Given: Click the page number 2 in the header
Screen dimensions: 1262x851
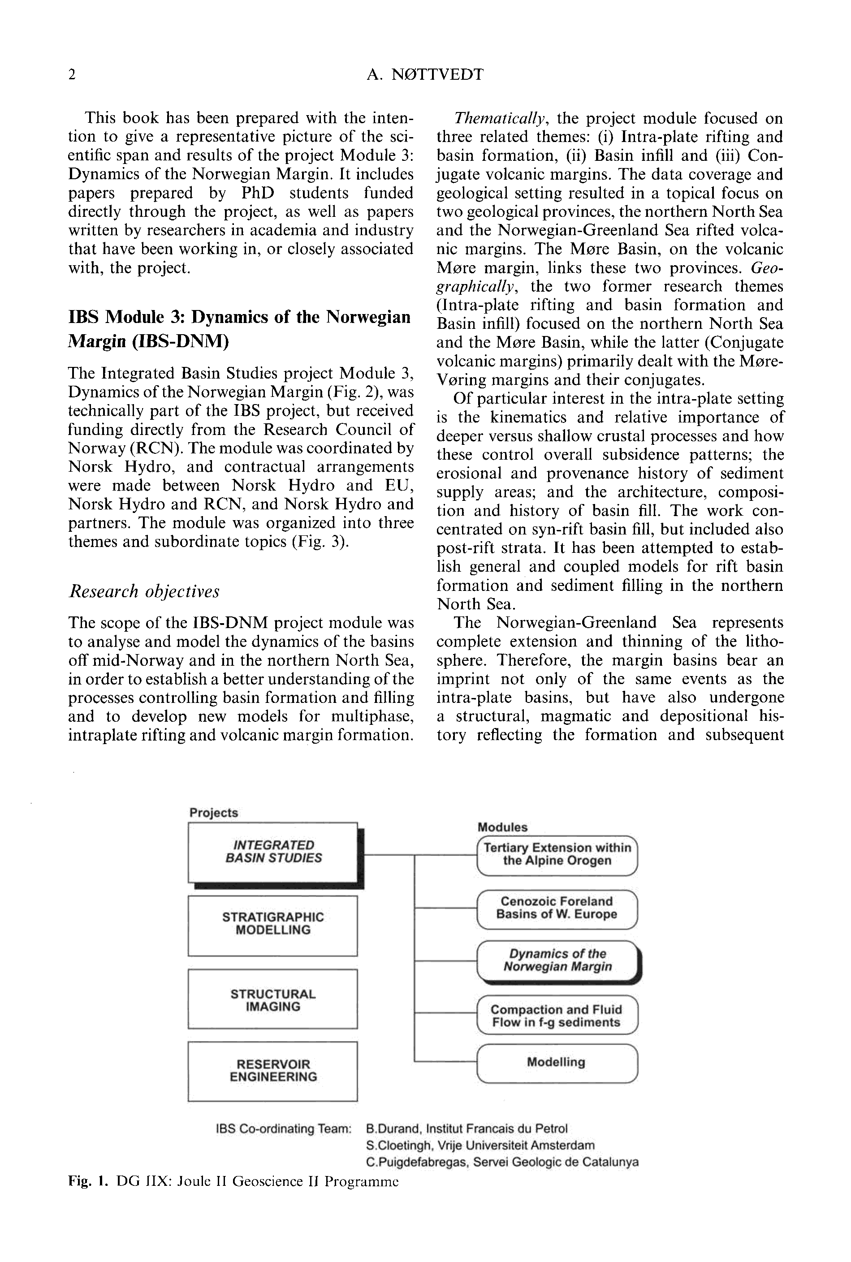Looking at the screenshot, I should (x=72, y=74).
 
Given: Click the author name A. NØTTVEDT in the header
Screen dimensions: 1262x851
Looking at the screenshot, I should (x=425, y=74).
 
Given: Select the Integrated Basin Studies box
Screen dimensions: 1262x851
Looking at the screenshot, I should (x=273, y=853).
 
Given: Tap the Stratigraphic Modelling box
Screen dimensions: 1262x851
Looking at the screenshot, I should (x=272, y=925).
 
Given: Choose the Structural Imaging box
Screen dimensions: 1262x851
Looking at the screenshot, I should (x=272, y=998).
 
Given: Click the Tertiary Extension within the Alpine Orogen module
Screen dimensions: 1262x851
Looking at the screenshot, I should (x=557, y=854).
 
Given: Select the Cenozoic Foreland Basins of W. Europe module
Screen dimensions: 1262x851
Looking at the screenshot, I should (x=557, y=908).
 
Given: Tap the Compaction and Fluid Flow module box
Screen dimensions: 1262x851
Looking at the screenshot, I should (x=557, y=1014).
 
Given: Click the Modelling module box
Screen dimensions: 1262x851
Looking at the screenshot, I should (x=557, y=1062).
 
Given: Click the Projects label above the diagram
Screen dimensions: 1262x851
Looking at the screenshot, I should (x=214, y=812).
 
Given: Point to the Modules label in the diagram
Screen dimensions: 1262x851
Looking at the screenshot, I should (x=502, y=827).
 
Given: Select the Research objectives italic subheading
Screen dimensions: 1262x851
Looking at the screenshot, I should (x=144, y=591).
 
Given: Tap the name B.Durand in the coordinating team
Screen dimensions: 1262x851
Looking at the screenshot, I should (x=393, y=1129).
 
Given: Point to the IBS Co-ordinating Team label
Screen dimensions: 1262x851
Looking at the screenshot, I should (x=283, y=1129).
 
